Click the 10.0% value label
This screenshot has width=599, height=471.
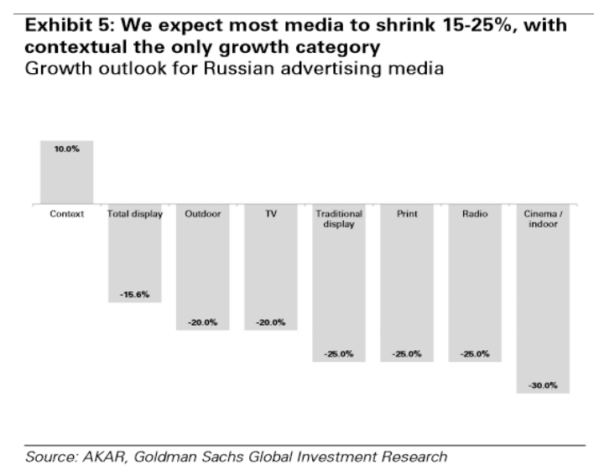(x=66, y=150)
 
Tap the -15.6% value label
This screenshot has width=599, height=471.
(x=134, y=294)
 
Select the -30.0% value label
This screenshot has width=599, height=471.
(x=543, y=385)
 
